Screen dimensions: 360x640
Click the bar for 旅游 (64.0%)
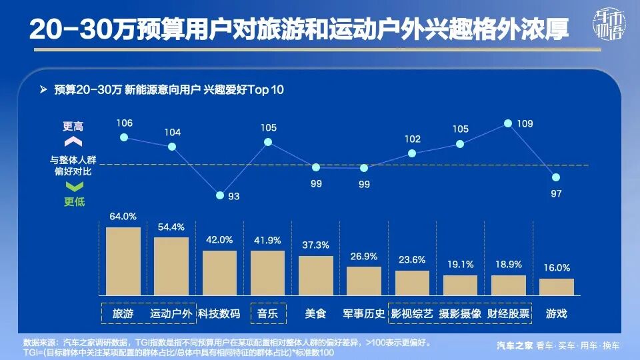click(123, 261)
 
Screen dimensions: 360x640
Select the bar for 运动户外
click(171, 266)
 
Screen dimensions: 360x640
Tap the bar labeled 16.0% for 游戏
click(557, 287)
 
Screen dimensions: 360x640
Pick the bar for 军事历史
click(364, 281)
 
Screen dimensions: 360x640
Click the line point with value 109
click(508, 123)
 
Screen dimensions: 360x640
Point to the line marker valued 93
click(220, 195)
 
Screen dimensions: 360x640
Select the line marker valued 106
click(123, 137)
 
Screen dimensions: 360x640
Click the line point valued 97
click(556, 177)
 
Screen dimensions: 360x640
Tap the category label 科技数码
click(219, 313)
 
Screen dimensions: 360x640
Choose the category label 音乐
click(267, 313)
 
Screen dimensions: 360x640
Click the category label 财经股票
click(508, 313)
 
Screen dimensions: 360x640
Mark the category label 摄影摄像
click(460, 313)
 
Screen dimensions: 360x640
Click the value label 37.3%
click(316, 245)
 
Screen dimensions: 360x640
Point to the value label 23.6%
click(412, 260)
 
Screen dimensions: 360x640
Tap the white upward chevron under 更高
click(73, 141)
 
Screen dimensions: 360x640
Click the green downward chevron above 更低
click(73, 187)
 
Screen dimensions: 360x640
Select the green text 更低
click(74, 201)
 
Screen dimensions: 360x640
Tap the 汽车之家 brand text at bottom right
click(515, 345)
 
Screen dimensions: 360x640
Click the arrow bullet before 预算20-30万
click(43, 89)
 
